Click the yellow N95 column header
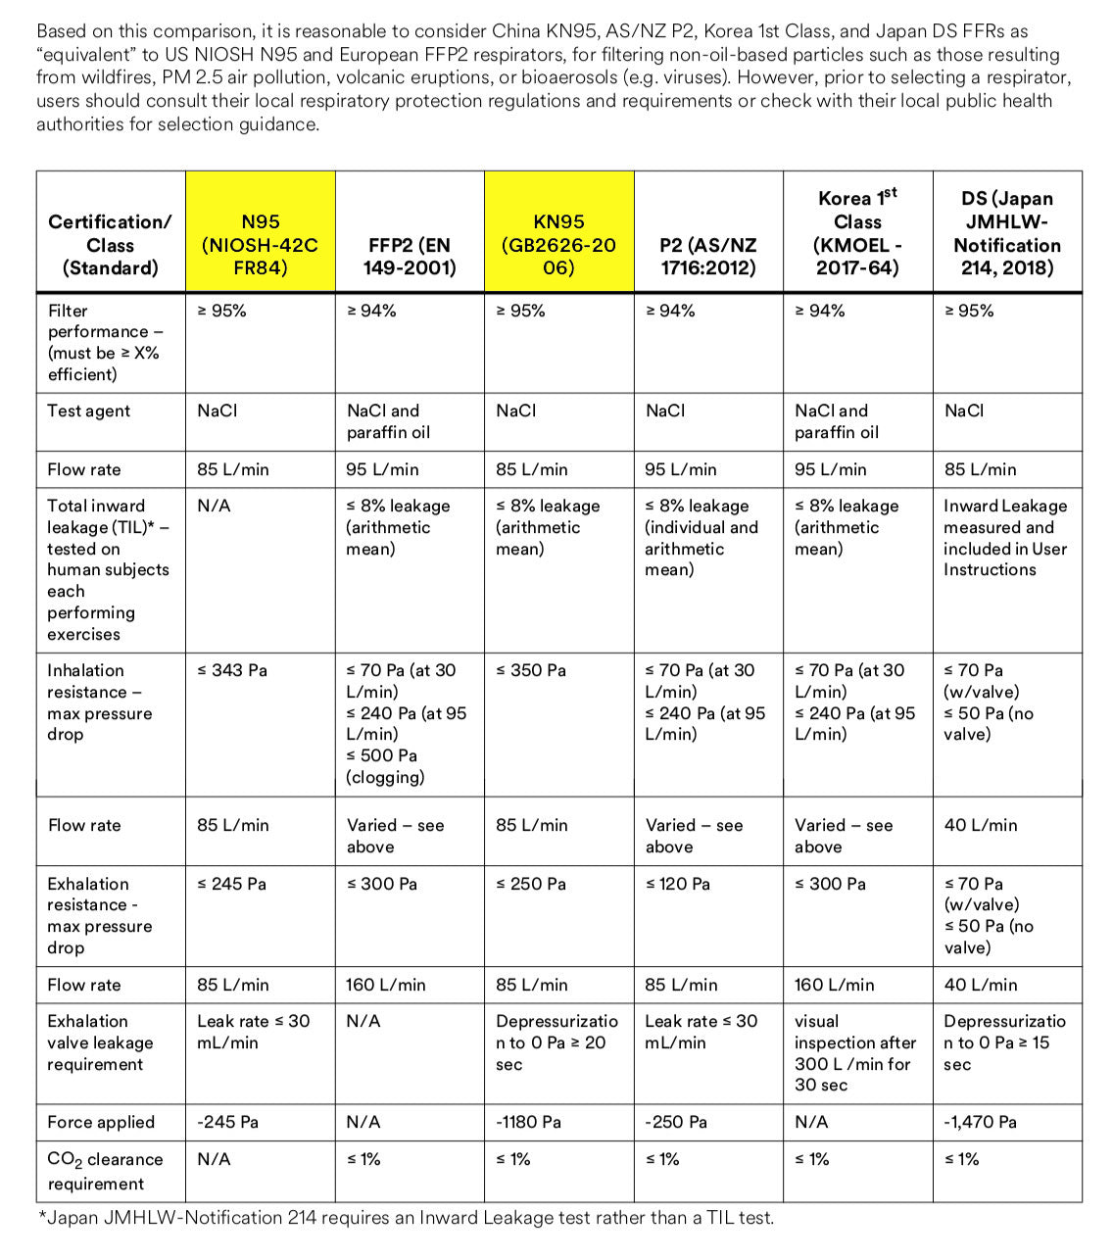click(x=260, y=245)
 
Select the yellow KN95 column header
click(x=559, y=245)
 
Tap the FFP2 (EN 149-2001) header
click(x=410, y=256)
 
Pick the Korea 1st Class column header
click(x=857, y=232)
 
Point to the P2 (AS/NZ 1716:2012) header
click(x=708, y=256)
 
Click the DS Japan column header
click(x=1007, y=233)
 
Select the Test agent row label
click(x=89, y=411)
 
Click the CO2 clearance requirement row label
click(x=105, y=1171)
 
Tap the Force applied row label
click(x=101, y=1122)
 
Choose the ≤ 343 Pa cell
click(x=232, y=670)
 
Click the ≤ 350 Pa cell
click(x=531, y=670)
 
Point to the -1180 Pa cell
click(x=529, y=1122)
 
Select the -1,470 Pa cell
click(x=981, y=1122)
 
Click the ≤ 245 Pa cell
click(x=232, y=884)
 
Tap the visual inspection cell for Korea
click(x=854, y=1053)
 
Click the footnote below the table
click(x=406, y=1218)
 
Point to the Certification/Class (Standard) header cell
click(x=110, y=245)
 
